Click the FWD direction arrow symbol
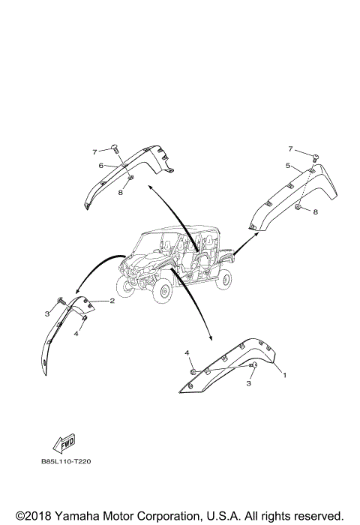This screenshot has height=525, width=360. (x=64, y=444)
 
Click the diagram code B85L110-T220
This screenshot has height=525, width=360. (x=66, y=462)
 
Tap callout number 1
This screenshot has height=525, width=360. (x=285, y=375)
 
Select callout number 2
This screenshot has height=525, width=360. (x=112, y=301)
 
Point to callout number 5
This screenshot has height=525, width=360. (x=288, y=166)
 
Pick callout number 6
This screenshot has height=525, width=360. (x=100, y=165)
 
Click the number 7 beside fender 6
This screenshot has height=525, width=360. (x=94, y=152)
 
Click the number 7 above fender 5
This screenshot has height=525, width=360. (x=290, y=148)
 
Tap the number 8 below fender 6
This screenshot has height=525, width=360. (x=121, y=192)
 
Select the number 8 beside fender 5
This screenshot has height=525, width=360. (x=315, y=211)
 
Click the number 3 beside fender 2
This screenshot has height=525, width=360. (x=47, y=313)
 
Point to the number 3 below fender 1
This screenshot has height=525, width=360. (x=248, y=383)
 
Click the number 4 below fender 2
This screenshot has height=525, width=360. (x=76, y=334)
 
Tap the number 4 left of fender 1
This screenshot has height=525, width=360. (x=187, y=352)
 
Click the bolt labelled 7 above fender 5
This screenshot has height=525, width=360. (x=315, y=157)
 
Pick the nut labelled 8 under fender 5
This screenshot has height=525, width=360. (x=298, y=207)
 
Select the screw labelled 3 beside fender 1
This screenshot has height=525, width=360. (x=253, y=366)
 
